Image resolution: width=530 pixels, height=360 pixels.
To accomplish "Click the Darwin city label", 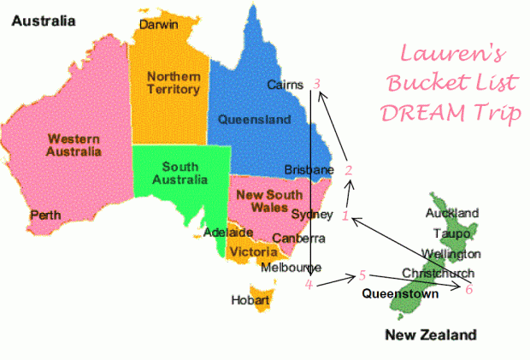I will [160, 24].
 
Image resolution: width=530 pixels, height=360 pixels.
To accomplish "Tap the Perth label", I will [44, 215].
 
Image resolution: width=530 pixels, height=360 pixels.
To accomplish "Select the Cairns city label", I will [286, 85].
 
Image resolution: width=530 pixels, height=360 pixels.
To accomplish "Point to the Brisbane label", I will [308, 170].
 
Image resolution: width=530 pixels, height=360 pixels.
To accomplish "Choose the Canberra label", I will [299, 238].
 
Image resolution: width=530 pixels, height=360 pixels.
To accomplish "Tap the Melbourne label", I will [291, 267].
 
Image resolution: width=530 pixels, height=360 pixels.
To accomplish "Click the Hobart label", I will [250, 300].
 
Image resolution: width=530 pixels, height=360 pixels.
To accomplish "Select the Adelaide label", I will [228, 232].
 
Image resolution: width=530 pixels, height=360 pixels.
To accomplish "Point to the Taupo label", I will [451, 233].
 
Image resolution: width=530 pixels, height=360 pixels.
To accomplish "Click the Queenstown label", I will [400, 293].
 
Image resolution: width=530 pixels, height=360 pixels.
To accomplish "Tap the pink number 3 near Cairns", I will [317, 84].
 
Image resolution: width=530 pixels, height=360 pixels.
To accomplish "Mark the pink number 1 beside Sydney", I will [344, 216].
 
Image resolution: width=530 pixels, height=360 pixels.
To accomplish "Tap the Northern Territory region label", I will [174, 82].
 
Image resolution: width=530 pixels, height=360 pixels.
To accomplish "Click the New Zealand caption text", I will [429, 334].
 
